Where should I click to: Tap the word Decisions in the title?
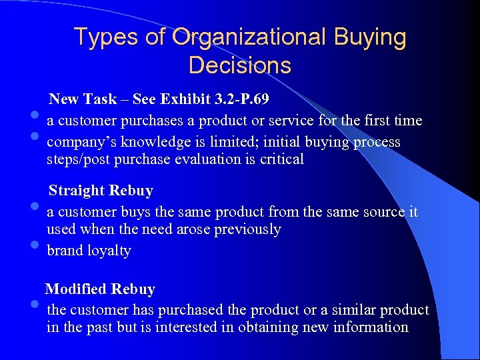[239, 65]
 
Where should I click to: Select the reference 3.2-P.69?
[241, 99]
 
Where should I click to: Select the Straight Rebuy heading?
[101, 191]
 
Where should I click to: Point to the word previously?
[246, 229]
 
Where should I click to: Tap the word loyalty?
[109, 251]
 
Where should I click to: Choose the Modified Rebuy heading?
[100, 289]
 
